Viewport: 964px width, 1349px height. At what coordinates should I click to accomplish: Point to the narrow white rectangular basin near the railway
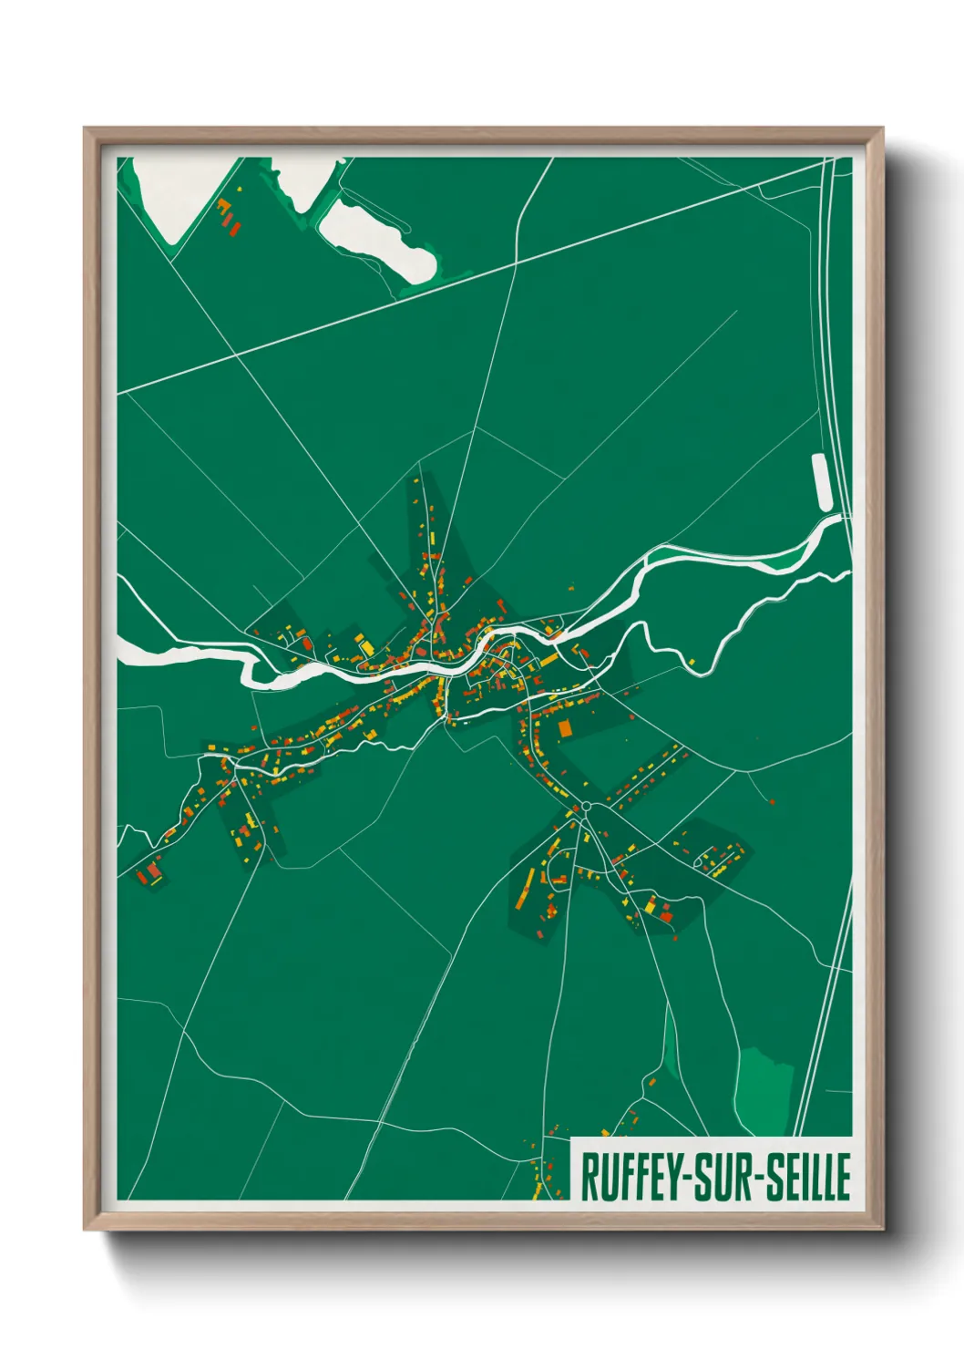pyautogui.click(x=822, y=481)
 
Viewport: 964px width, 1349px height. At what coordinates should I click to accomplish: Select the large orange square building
pyautogui.click(x=564, y=727)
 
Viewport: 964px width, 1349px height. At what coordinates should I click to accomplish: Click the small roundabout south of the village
pyautogui.click(x=587, y=807)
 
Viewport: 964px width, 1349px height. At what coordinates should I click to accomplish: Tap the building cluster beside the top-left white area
pyautogui.click(x=228, y=215)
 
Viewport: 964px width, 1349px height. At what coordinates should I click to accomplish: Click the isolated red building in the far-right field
pyautogui.click(x=772, y=802)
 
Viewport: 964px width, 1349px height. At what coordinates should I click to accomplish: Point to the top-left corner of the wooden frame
pyautogui.click(x=86, y=129)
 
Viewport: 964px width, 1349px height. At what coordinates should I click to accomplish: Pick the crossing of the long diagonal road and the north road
pyautogui.click(x=516, y=263)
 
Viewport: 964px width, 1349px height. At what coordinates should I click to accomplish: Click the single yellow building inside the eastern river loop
pyautogui.click(x=692, y=658)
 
